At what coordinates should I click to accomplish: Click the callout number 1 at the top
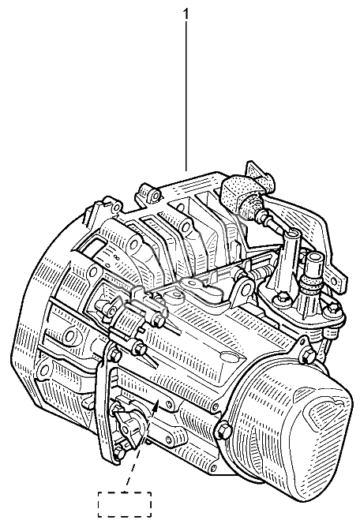(x=186, y=14)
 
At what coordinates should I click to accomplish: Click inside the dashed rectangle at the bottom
(x=125, y=504)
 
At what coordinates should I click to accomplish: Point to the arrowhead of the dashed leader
(x=155, y=406)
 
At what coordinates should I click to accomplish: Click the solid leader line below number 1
(x=186, y=97)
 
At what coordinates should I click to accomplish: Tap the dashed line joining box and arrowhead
(x=139, y=451)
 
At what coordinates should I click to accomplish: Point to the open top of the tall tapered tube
(x=292, y=233)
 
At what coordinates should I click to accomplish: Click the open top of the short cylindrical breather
(x=313, y=258)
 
